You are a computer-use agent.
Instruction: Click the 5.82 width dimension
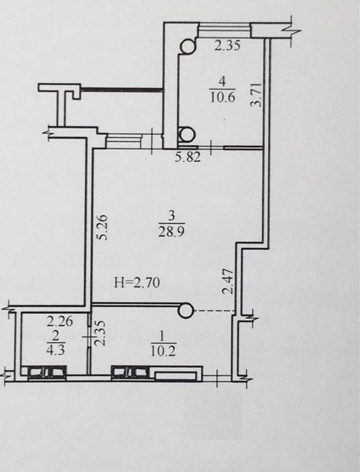coord(188,157)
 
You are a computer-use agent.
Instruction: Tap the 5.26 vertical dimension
coord(102,227)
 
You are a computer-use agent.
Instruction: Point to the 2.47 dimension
coord(228,281)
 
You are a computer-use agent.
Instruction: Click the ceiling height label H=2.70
coord(137,283)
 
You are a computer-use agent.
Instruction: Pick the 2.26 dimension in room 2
coord(60,322)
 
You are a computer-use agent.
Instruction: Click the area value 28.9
coord(172,232)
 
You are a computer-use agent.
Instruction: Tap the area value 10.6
coord(222,97)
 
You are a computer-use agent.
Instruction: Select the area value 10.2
coord(163,351)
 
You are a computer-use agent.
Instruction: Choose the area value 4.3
coord(56,350)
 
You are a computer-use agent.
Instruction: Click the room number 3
coord(172,215)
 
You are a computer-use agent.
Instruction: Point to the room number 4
coord(222,81)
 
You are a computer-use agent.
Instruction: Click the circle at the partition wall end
coord(186,311)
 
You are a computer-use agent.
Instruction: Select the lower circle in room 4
coord(186,134)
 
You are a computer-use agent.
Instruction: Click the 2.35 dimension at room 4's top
coord(228,45)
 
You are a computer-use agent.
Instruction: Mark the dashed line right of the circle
coord(214,311)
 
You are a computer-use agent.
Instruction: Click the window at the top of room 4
coord(224,30)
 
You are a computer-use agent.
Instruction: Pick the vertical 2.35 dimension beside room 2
coord(101,333)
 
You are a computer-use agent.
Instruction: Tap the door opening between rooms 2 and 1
coord(89,336)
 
